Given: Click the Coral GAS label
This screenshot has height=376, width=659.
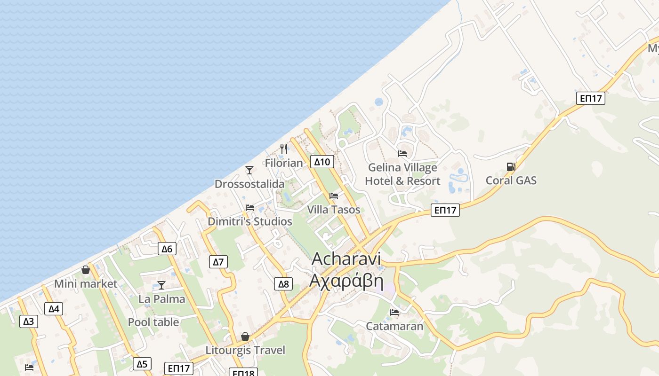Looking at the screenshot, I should [511, 180].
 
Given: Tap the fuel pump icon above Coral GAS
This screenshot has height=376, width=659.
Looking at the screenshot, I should [511, 166].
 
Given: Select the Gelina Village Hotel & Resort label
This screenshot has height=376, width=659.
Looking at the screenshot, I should [402, 174].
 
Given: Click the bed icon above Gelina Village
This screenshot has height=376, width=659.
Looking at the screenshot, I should [402, 153].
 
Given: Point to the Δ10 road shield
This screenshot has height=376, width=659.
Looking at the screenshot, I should [322, 162].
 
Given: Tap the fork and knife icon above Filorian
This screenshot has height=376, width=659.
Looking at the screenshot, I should [284, 149].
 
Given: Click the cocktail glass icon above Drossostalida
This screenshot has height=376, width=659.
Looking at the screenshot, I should [249, 170].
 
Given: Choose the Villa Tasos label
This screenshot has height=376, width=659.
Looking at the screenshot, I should [334, 210].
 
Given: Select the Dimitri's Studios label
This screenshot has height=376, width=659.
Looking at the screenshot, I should [250, 221].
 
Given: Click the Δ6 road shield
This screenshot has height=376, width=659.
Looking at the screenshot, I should [167, 249].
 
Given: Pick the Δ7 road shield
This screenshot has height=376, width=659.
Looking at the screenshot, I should [218, 262].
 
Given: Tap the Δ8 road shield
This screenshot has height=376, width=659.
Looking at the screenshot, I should [283, 283].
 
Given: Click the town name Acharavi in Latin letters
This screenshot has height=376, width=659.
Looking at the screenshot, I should [346, 258].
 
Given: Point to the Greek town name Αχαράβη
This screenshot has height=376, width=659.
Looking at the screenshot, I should [346, 281].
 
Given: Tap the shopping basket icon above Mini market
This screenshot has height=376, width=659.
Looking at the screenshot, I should [86, 270].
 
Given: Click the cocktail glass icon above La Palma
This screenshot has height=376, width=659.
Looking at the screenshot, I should [161, 285].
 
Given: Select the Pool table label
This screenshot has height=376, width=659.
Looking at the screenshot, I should [153, 322].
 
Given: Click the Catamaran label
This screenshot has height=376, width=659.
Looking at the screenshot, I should [394, 326].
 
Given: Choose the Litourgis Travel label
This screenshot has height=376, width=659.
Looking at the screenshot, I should [245, 350].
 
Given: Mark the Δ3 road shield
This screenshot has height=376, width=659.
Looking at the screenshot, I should [29, 321].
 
